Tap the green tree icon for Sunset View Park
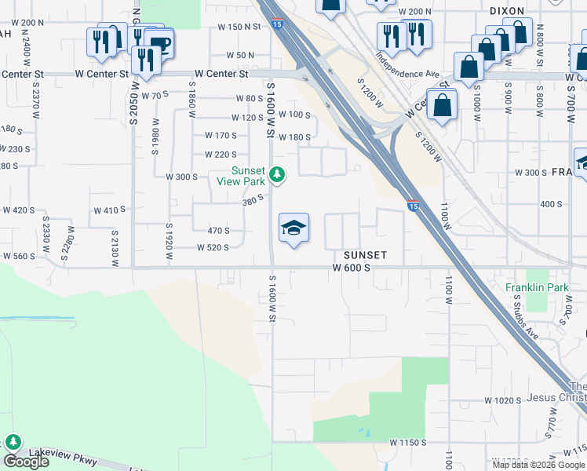[x=275, y=173]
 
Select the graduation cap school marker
[x=294, y=228]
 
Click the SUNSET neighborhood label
[x=365, y=255]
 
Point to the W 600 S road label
[x=351, y=268]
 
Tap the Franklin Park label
[x=537, y=288]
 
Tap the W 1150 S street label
[x=408, y=443]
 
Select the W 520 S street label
[x=212, y=247]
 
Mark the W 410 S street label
[x=110, y=210]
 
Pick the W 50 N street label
[x=240, y=55]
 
